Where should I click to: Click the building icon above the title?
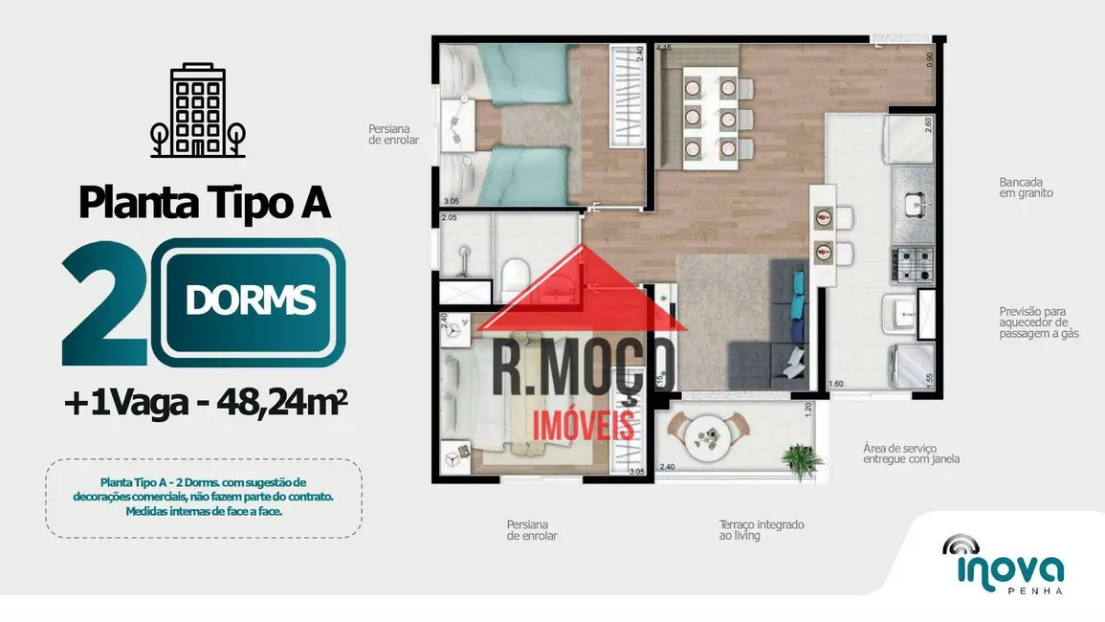coord(198,113)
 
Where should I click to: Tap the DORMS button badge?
coord(251,301)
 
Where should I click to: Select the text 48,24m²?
coord(281,404)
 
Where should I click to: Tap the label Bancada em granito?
coord(1026,187)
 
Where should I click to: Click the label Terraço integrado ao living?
coord(762,530)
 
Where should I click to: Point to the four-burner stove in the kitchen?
coord(912,264)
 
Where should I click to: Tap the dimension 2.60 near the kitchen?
coord(927,124)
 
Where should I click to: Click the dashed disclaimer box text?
coord(203,497)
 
